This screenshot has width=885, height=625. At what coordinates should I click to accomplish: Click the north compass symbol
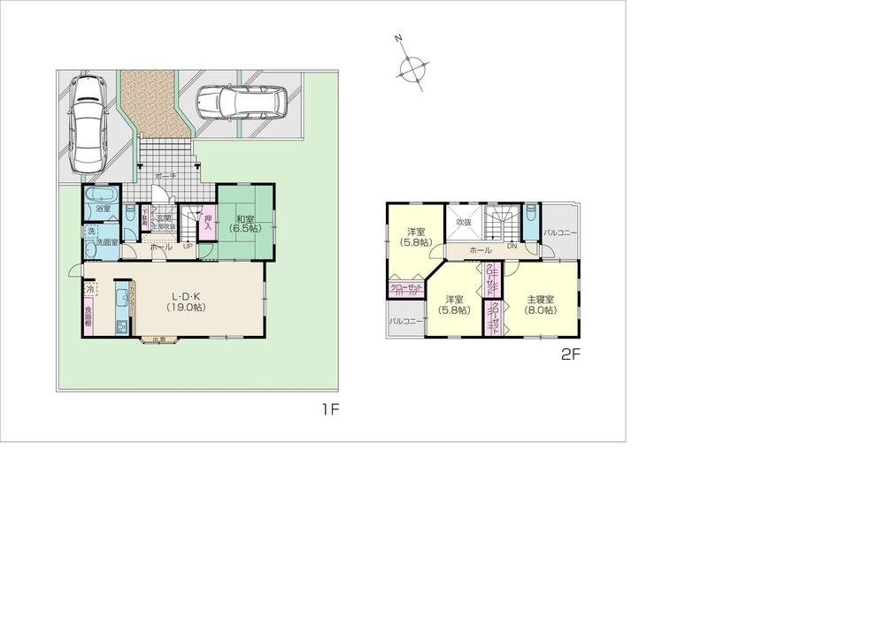(x=412, y=65)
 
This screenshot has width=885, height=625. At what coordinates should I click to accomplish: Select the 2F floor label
(x=569, y=356)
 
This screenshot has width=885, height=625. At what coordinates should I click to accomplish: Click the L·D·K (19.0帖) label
(x=187, y=301)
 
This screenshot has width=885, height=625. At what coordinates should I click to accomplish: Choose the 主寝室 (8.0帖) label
(x=540, y=304)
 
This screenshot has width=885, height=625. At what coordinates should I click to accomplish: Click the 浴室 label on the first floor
(x=103, y=210)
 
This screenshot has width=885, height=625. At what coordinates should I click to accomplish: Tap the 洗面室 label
(x=107, y=242)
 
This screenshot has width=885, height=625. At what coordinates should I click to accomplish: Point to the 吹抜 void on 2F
(x=464, y=222)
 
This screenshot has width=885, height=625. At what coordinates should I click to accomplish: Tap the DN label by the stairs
(x=512, y=247)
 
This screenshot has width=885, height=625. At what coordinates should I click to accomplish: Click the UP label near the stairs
(x=188, y=247)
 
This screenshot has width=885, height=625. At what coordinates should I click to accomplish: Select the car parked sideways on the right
(x=242, y=103)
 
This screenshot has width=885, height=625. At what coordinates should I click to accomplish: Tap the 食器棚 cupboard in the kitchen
(x=88, y=316)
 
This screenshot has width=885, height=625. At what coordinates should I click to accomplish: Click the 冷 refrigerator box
(x=90, y=289)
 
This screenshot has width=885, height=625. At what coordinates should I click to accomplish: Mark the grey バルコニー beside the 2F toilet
(x=561, y=232)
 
